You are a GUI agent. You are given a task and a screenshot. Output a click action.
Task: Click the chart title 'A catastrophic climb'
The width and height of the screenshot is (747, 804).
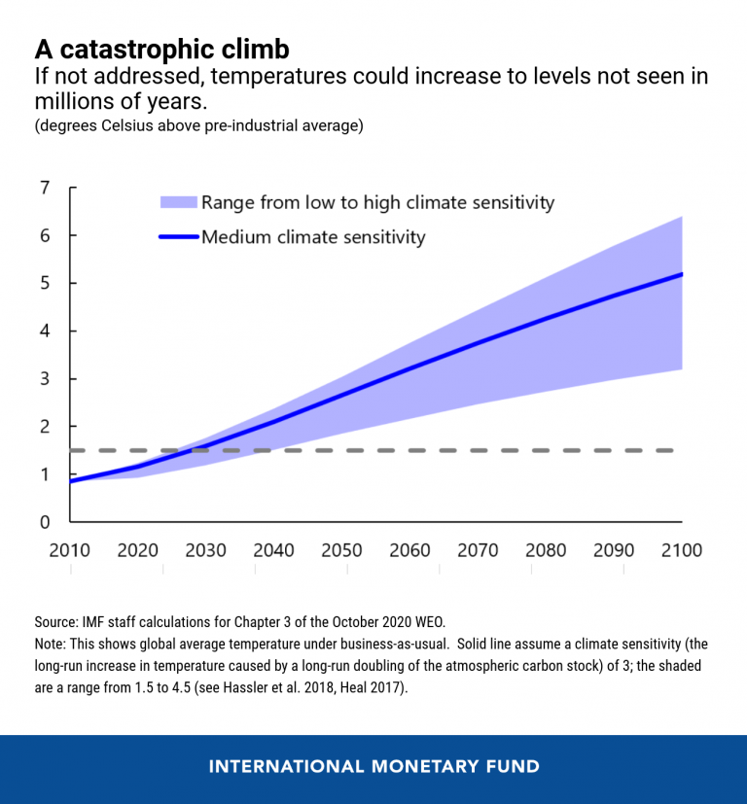click(x=161, y=50)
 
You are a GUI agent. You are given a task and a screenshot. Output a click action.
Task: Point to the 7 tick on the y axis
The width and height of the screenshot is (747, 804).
click(x=45, y=188)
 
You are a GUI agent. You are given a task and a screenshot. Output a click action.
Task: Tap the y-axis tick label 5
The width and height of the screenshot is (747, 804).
click(x=45, y=283)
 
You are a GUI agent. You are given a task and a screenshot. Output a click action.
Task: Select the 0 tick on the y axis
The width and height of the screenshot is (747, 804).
click(x=45, y=522)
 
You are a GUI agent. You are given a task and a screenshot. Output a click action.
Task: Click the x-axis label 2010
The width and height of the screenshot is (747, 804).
click(x=69, y=551)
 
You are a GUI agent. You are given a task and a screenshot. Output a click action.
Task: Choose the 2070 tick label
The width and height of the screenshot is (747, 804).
click(x=478, y=551)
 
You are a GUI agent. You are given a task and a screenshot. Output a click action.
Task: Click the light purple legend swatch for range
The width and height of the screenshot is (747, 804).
click(x=178, y=202)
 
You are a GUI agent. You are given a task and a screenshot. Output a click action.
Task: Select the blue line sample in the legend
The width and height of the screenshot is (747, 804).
click(x=178, y=236)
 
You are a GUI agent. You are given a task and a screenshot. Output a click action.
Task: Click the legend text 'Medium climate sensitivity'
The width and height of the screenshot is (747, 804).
click(x=313, y=236)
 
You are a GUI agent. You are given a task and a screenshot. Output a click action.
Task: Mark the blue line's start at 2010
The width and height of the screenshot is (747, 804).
click(x=70, y=481)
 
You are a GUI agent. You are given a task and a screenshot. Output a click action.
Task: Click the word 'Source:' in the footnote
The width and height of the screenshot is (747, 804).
click(x=57, y=621)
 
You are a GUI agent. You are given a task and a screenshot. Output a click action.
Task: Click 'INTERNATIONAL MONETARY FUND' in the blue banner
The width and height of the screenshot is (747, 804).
click(x=373, y=767)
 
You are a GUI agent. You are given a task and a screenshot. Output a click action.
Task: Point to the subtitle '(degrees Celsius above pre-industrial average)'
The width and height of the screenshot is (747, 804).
click(x=198, y=127)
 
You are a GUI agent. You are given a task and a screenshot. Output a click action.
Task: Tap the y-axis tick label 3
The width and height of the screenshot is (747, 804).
click(x=45, y=379)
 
